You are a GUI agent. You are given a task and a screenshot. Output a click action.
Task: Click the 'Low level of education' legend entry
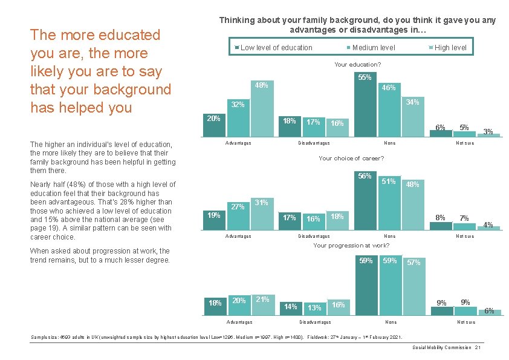276,48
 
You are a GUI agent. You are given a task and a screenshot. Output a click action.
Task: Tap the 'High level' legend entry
450,48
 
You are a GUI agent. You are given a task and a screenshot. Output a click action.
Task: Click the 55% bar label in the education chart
365,77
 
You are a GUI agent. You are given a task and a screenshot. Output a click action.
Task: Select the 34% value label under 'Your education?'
412,102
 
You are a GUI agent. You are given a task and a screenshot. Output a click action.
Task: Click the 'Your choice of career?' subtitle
351,159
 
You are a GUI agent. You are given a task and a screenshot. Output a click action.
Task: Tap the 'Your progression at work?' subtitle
351,246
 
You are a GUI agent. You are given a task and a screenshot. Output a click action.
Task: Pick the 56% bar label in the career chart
365,176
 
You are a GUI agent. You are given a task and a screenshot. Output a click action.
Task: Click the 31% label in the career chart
261,201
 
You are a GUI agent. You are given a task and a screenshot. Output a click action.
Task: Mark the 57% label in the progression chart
413,263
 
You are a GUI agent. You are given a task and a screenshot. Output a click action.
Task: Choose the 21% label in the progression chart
262,299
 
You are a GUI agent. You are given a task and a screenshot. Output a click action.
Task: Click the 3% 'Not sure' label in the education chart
488,131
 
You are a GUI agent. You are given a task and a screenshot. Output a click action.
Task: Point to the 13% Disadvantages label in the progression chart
314,307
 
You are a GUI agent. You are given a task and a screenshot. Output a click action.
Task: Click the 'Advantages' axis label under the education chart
238,143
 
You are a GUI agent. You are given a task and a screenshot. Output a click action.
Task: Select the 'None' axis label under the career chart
389,236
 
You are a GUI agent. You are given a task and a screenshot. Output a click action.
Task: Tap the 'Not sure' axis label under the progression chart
465,322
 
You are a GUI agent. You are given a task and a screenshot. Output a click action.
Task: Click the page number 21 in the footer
478,347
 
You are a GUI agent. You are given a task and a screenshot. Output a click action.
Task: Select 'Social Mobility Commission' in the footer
442,347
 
